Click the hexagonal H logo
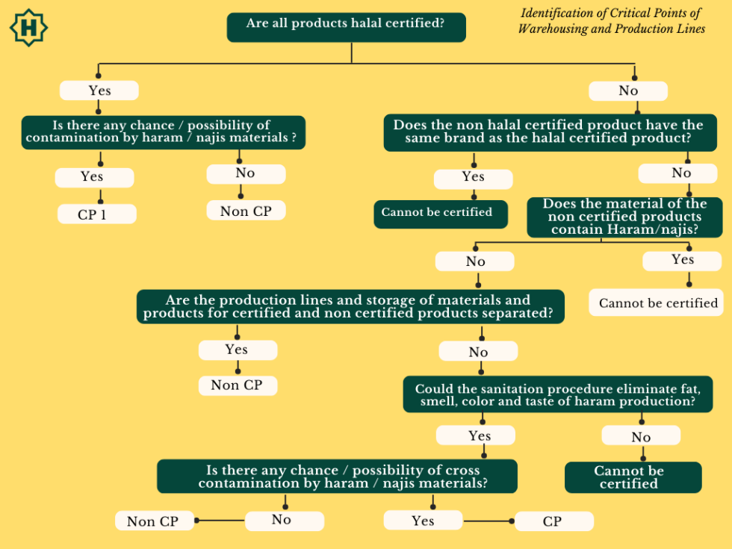pyautogui.click(x=28, y=28)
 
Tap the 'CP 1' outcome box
pyautogui.click(x=97, y=214)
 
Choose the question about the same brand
pyautogui.click(x=548, y=132)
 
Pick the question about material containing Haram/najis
pyautogui.click(x=624, y=217)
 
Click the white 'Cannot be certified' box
pyautogui.click(x=658, y=303)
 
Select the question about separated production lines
pyautogui.click(x=350, y=306)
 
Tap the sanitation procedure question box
pyautogui.click(x=557, y=395)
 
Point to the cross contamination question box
pyautogui.click(x=337, y=477)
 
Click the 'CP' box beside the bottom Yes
pyautogui.click(x=553, y=521)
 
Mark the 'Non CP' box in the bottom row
pyautogui.click(x=154, y=521)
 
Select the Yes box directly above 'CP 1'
pyautogui.click(x=94, y=177)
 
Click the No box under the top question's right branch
pyautogui.click(x=628, y=91)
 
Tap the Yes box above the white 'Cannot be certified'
pyautogui.click(x=682, y=260)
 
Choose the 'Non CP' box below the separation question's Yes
pyautogui.click(x=237, y=385)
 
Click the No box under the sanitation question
pyautogui.click(x=641, y=436)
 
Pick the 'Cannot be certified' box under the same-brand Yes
pyautogui.click(x=441, y=213)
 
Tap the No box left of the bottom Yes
pyautogui.click(x=284, y=520)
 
